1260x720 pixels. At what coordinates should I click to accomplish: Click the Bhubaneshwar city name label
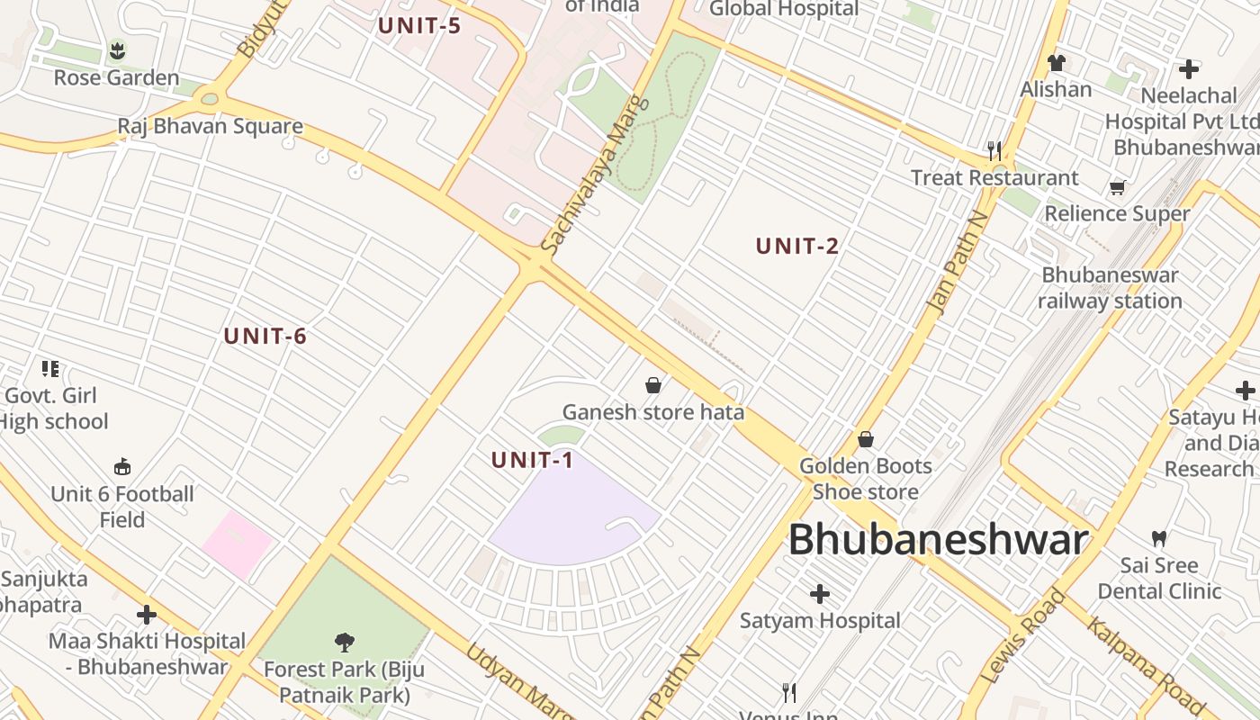[939, 540]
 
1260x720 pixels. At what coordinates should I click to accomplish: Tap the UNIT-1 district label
[532, 460]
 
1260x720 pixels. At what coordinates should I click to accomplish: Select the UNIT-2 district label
[797, 246]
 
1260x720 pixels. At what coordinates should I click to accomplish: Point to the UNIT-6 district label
[265, 337]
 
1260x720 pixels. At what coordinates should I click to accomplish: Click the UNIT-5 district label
[419, 25]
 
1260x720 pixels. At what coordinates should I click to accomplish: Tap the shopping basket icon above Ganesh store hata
[653, 385]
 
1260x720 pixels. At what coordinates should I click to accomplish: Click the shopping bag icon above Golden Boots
[866, 439]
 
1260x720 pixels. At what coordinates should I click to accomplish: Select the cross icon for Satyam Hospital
[820, 594]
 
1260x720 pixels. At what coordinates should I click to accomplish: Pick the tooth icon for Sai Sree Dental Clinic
[1159, 539]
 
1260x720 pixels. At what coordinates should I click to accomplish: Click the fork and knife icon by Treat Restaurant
[994, 150]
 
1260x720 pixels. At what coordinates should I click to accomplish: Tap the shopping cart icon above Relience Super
[1117, 187]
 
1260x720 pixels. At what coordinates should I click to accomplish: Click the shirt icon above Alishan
[1056, 63]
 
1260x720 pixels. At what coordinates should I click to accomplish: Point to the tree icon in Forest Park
[344, 642]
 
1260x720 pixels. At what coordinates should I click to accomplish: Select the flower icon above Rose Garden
[117, 50]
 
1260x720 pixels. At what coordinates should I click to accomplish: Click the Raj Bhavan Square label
[211, 126]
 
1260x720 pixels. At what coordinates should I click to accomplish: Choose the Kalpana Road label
[1146, 666]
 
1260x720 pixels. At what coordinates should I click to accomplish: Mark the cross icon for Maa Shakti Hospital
[147, 615]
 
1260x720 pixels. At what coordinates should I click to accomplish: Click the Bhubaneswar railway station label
[1110, 288]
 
